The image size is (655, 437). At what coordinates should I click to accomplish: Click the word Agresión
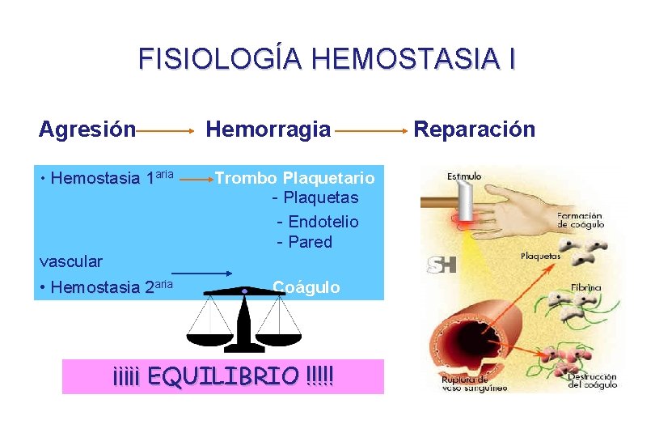(x=87, y=129)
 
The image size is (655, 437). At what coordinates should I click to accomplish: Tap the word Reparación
(x=475, y=129)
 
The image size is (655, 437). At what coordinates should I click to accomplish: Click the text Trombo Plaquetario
(x=294, y=177)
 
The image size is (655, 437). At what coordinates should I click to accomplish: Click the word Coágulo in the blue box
(x=306, y=286)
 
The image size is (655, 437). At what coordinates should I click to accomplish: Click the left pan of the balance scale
(x=208, y=333)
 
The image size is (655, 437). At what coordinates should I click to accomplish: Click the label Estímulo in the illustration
(x=463, y=176)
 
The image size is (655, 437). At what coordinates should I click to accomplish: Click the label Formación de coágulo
(x=581, y=220)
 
